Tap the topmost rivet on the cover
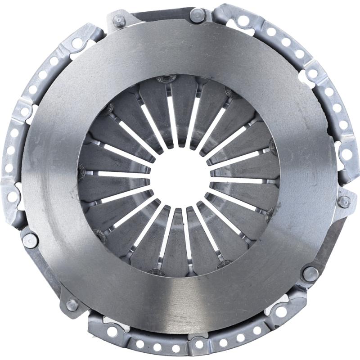click(197, 15)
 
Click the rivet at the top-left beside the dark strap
click(120, 21)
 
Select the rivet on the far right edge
click(344, 202)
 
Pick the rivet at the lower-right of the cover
click(310, 273)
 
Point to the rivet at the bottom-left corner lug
click(72, 306)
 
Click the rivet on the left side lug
click(30, 240)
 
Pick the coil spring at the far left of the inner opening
click(81, 170)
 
